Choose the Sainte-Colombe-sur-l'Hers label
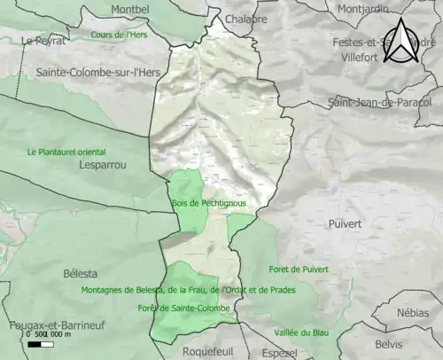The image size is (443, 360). click(x=91, y=72)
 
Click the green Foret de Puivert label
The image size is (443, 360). click(x=298, y=269)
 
